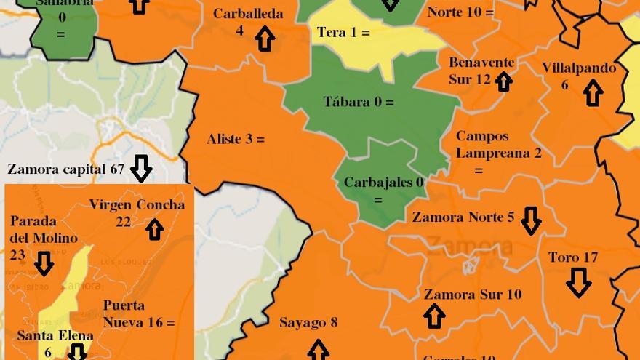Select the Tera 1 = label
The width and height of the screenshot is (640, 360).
[343, 33]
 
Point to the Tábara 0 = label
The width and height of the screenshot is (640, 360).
[358, 102]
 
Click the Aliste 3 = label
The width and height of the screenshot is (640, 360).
[236, 139]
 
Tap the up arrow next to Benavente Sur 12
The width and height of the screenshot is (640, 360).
[503, 81]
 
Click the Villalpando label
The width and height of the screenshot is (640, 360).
[578, 68]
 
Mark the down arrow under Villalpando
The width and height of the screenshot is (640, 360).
[593, 93]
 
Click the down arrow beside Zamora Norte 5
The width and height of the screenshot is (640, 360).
[531, 220]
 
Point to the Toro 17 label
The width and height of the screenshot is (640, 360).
[573, 257]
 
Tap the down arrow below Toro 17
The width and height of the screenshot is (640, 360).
[578, 282]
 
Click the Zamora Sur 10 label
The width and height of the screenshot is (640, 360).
[473, 295]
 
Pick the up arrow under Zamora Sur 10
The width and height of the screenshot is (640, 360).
[434, 316]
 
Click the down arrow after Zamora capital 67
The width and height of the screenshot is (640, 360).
[141, 169]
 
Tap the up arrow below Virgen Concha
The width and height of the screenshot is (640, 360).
[155, 229]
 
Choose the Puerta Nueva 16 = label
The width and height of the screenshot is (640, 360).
[138, 313]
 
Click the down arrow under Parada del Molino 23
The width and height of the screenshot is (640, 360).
[44, 263]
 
